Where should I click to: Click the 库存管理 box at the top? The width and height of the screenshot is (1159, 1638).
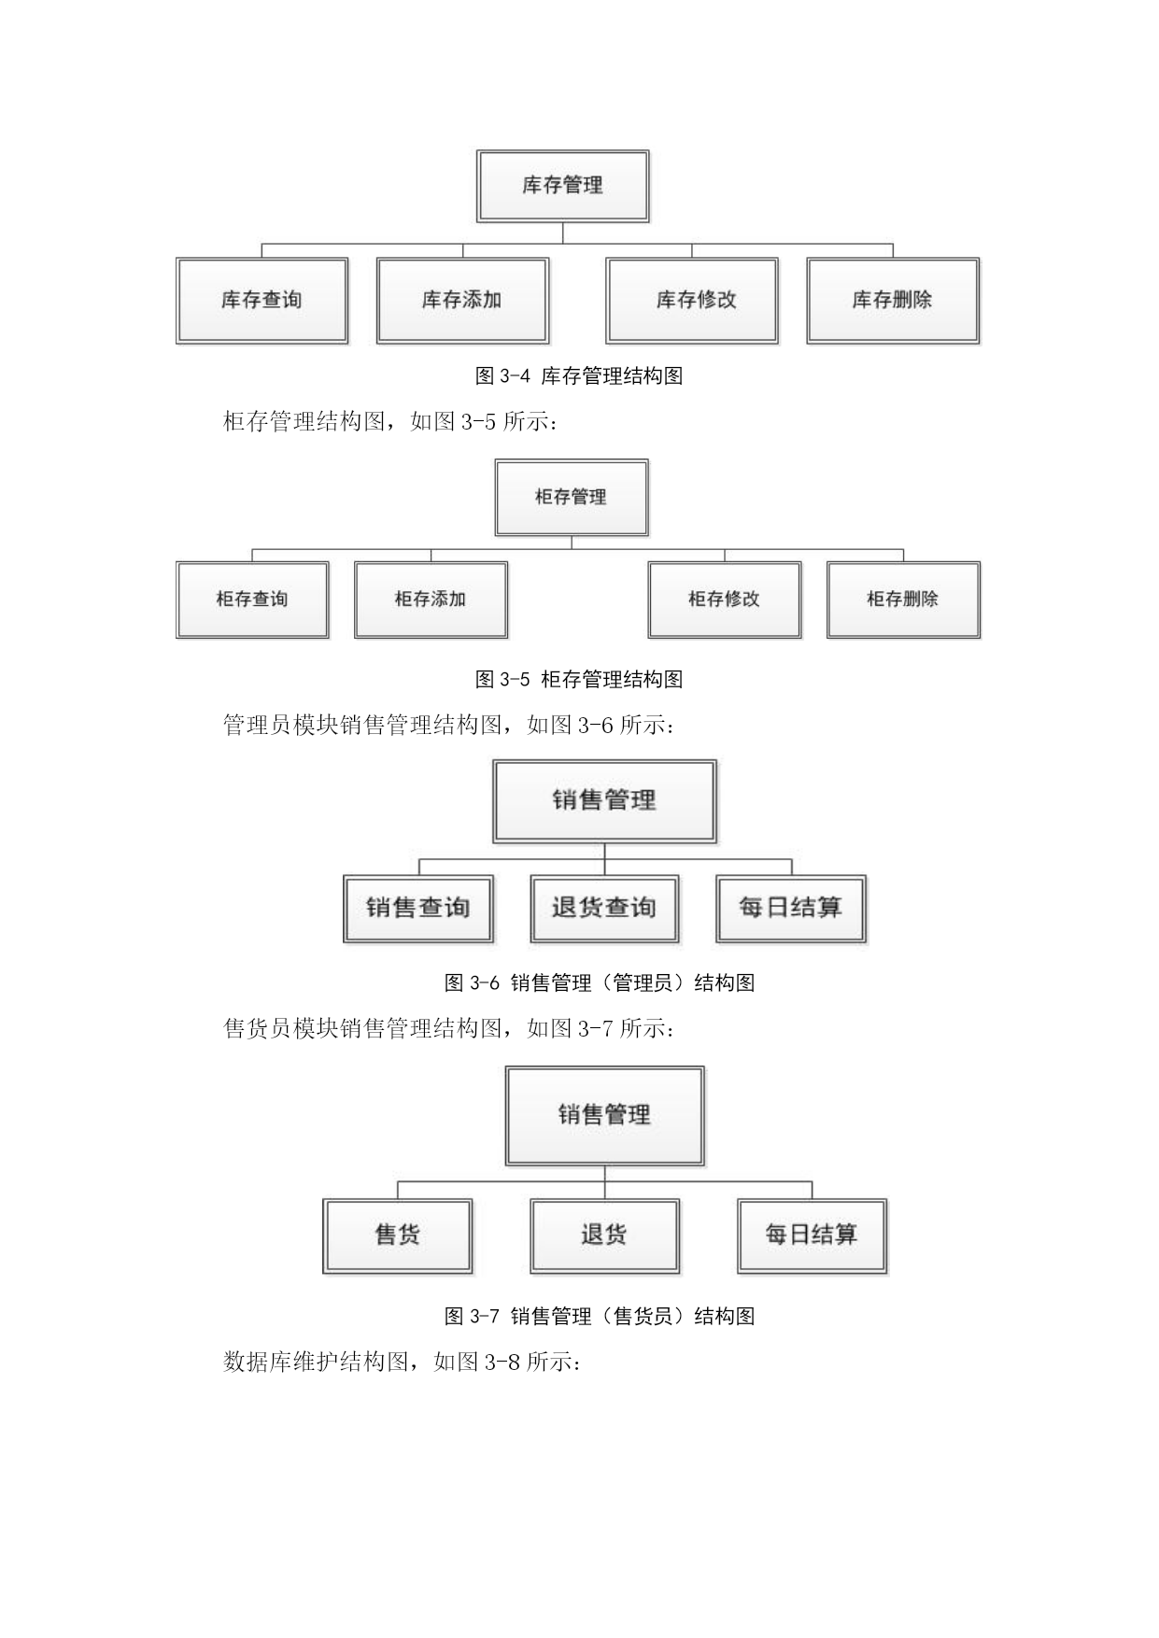[x=562, y=186]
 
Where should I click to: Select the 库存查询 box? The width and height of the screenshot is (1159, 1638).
[x=261, y=301]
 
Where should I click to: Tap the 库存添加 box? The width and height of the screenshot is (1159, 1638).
[x=462, y=301]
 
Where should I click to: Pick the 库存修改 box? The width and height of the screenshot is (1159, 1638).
[x=692, y=301]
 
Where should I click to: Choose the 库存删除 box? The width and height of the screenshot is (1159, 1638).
[x=893, y=301]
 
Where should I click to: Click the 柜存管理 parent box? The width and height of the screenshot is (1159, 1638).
[x=572, y=498]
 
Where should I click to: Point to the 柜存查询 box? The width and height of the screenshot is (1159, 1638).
[x=252, y=600]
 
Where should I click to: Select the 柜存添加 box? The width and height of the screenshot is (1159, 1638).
[x=431, y=600]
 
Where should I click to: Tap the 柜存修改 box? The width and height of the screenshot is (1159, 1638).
[x=725, y=600]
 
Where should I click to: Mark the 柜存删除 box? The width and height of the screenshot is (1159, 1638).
[x=903, y=600]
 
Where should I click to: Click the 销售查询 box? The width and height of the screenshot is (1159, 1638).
[x=418, y=909]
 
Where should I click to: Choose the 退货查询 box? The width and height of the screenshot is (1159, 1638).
[x=604, y=909]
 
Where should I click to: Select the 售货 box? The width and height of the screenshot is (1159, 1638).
[x=398, y=1236]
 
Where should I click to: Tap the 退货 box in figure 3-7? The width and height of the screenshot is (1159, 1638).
[x=604, y=1236]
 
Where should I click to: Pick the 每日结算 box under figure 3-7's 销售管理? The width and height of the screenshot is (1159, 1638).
[x=812, y=1236]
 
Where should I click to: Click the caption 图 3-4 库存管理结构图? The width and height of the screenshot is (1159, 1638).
[x=579, y=376]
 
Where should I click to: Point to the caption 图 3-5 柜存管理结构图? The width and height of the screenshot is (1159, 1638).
[x=579, y=679]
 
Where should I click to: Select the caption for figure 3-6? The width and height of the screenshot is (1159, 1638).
[x=600, y=982]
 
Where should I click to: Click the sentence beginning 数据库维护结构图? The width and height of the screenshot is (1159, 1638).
[x=403, y=1362]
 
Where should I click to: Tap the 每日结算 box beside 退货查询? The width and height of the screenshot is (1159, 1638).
[x=791, y=909]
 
